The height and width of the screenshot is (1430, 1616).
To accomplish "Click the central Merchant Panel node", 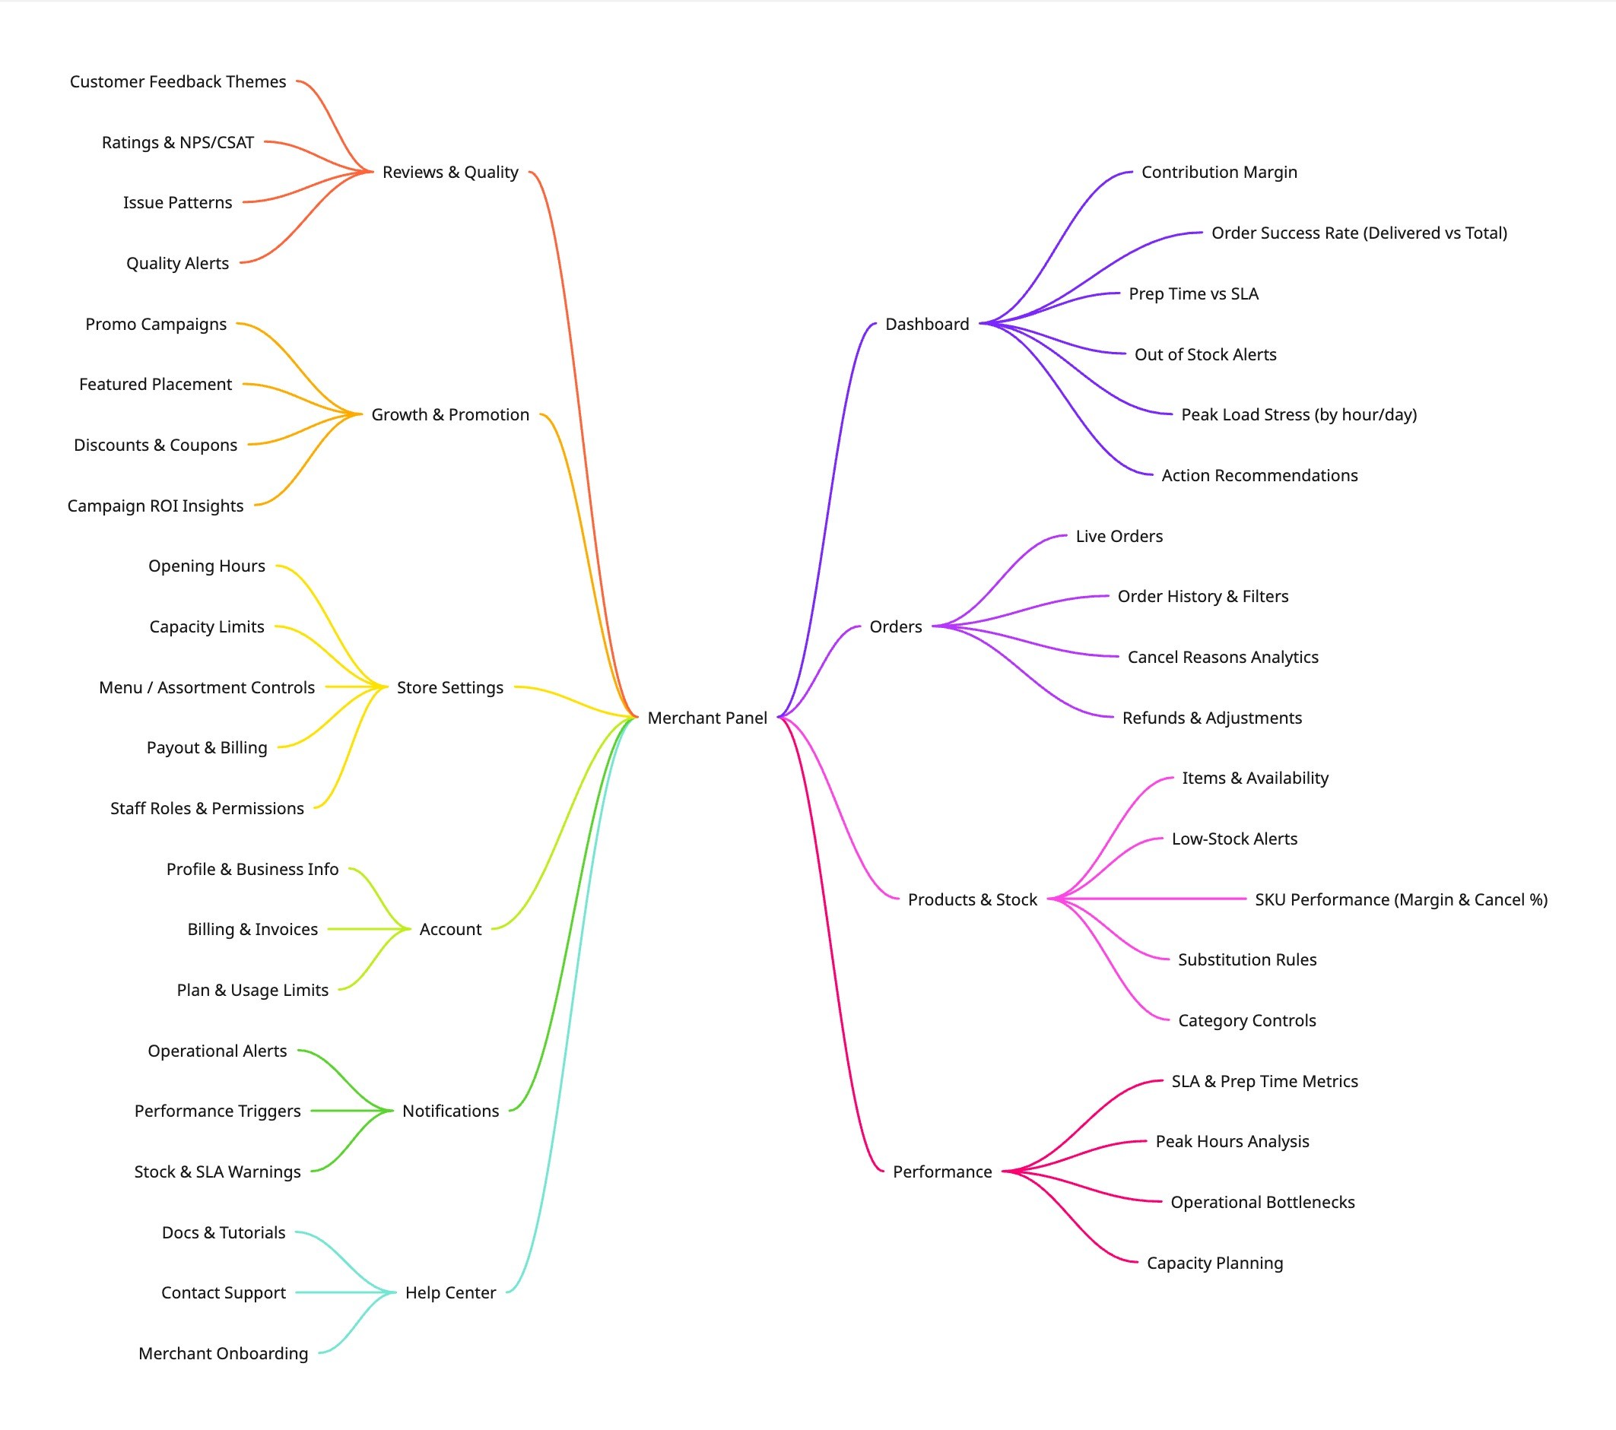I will click(x=706, y=718).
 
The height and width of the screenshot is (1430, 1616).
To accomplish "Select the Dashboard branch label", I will click(x=926, y=324).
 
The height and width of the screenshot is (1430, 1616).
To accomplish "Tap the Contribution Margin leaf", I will click(x=1218, y=173).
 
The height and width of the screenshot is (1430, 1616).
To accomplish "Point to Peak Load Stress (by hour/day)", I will click(x=1298, y=415).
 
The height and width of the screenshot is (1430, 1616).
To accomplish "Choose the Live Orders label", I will click(x=1119, y=536).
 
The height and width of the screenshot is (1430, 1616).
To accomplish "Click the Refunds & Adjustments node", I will click(x=1211, y=718).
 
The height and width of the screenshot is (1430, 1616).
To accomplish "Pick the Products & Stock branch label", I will click(x=972, y=899).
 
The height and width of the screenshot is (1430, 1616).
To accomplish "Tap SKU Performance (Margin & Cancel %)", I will click(x=1400, y=899).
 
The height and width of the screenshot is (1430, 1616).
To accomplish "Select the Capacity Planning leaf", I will click(x=1214, y=1264).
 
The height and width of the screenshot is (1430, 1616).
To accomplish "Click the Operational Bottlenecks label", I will click(x=1262, y=1203).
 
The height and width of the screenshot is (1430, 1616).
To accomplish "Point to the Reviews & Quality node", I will click(x=450, y=173).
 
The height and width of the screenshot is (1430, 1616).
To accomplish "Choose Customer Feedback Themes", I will click(x=178, y=81).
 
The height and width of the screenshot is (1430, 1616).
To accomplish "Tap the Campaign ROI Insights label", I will click(x=155, y=506).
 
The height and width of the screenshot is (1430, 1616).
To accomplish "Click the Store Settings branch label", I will click(x=450, y=688).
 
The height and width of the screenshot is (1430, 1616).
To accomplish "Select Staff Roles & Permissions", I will click(x=207, y=809).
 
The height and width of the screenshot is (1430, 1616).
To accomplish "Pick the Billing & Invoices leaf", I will click(x=252, y=930).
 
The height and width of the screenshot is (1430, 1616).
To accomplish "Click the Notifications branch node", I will click(x=451, y=1111).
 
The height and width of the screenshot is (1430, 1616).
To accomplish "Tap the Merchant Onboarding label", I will click(x=223, y=1354).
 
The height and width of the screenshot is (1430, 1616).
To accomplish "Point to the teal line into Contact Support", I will click(x=340, y=1293).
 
